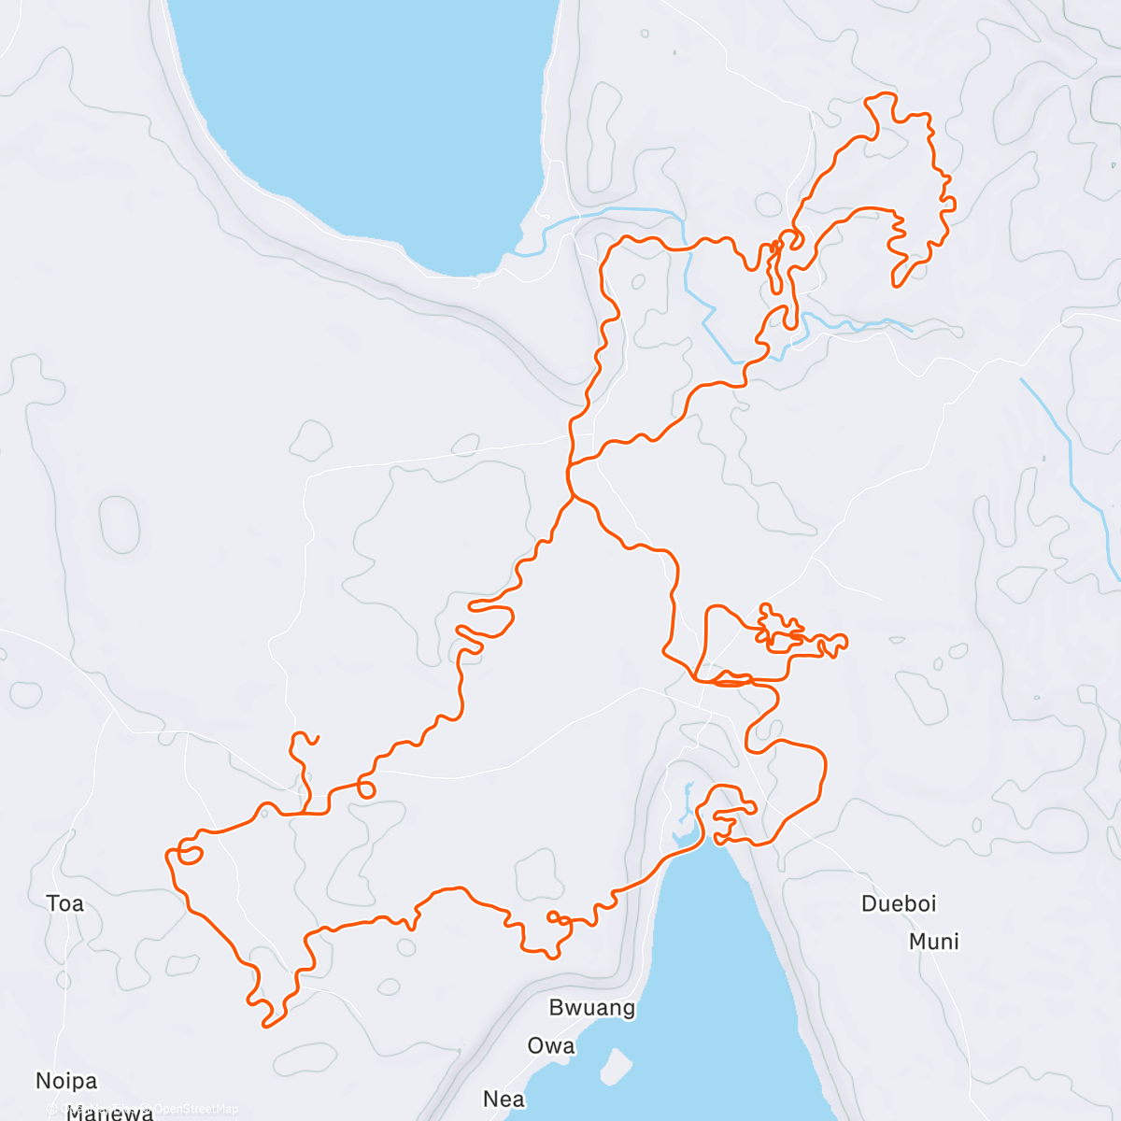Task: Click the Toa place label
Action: tap(65, 903)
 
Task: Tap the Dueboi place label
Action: tap(899, 903)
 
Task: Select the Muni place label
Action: tap(934, 942)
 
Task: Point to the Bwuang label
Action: tap(592, 1008)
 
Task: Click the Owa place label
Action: tap(551, 1046)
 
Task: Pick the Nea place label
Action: tap(504, 1100)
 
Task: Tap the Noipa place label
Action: tap(66, 1081)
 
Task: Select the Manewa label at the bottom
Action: tap(110, 1113)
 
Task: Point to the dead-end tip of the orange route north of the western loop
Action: tap(319, 738)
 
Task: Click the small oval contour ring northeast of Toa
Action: tap(120, 524)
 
